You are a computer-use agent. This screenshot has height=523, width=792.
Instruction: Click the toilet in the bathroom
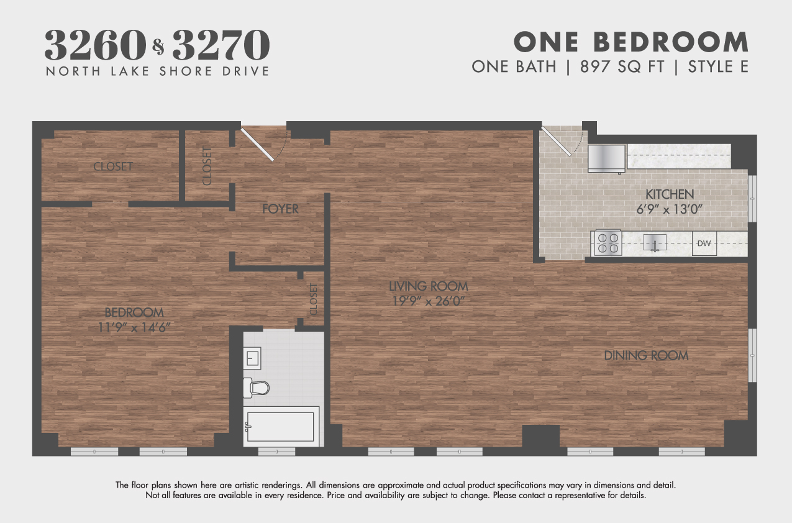coord(257,387)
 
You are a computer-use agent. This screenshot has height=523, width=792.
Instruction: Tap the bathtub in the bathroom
coord(281,426)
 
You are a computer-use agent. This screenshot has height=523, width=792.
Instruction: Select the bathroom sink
coord(252,358)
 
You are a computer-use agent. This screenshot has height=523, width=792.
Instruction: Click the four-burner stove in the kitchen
coord(608,243)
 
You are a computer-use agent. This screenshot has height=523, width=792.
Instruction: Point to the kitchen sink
coord(655,242)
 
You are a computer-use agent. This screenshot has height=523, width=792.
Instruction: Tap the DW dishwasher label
coord(704,243)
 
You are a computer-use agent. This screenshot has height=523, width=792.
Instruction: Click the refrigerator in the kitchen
coord(607,158)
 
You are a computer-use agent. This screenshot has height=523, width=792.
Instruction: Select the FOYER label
coord(280,209)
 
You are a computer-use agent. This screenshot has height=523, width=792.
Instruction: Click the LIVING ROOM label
coord(429,286)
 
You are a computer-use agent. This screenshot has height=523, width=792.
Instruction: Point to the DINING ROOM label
coord(646,356)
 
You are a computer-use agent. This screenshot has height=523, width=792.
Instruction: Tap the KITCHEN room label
coord(670,194)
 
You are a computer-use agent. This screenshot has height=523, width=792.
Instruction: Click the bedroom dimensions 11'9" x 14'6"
coord(134,327)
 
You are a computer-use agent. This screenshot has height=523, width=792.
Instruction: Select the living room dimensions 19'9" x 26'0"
coord(429,301)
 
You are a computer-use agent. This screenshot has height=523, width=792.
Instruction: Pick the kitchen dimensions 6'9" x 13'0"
coord(670,209)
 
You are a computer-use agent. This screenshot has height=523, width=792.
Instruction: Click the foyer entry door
coord(258,144)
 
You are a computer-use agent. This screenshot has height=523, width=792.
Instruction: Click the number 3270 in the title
coord(221,44)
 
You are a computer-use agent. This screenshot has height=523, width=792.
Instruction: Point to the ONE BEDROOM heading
coord(630,42)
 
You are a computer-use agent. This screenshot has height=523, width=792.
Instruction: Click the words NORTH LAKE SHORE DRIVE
coord(157,71)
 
